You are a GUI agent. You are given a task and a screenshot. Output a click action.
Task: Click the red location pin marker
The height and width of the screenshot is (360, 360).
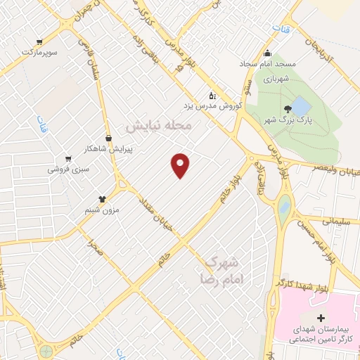[x=181, y=165]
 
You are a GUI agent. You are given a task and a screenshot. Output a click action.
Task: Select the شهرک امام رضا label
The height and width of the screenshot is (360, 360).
[x=221, y=269]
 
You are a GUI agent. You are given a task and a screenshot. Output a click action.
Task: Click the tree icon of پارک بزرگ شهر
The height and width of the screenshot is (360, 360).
[x=288, y=109]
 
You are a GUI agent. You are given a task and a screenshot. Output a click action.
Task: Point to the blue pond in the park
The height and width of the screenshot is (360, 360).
[x=300, y=107]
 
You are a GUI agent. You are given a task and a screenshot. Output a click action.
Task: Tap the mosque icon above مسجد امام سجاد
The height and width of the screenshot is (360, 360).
[x=267, y=53]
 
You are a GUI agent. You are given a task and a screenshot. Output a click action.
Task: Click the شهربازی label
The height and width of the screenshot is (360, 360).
[x=275, y=79]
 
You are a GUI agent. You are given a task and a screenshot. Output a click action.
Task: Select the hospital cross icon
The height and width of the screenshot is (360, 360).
[x=322, y=318]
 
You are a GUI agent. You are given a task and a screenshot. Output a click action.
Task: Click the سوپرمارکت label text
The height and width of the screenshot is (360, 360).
[x=38, y=52]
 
